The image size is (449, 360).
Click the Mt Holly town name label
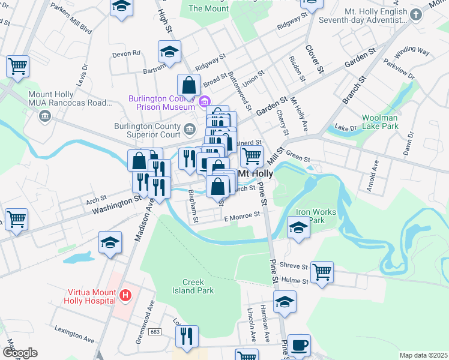coord(256,173)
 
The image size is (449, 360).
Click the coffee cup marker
coord(300,346)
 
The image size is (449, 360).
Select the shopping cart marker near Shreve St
coord(322,272)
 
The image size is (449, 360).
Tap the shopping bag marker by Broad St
coord(188,86)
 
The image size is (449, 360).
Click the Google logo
coord(20,353)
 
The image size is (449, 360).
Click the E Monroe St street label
coord(241,214)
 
